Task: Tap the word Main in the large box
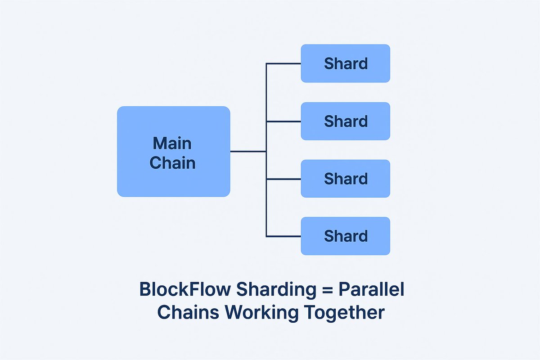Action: (x=172, y=144)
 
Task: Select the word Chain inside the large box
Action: (x=172, y=162)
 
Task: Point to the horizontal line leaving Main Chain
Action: (x=247, y=152)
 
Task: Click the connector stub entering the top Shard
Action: (x=283, y=63)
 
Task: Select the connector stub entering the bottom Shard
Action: (x=283, y=236)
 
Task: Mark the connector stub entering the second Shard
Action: (x=283, y=121)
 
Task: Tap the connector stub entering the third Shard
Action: (x=283, y=179)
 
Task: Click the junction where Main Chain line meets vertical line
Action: (x=266, y=152)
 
